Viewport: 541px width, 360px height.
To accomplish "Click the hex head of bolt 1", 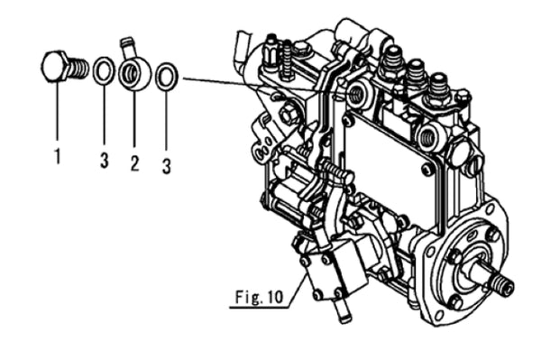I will point(55,67).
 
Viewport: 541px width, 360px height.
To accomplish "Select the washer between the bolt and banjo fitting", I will point(104,70).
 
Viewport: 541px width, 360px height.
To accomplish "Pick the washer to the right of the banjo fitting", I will point(166,77).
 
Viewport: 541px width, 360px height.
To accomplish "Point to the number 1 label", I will point(57,156).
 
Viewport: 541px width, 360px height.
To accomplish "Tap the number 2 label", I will point(133,162).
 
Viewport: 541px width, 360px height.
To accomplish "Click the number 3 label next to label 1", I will point(105,162).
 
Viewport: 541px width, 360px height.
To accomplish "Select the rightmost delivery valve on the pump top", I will point(438,86).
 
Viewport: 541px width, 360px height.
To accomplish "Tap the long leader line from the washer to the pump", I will point(261,85).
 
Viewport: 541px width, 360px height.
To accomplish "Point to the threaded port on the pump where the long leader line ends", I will point(354,92).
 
